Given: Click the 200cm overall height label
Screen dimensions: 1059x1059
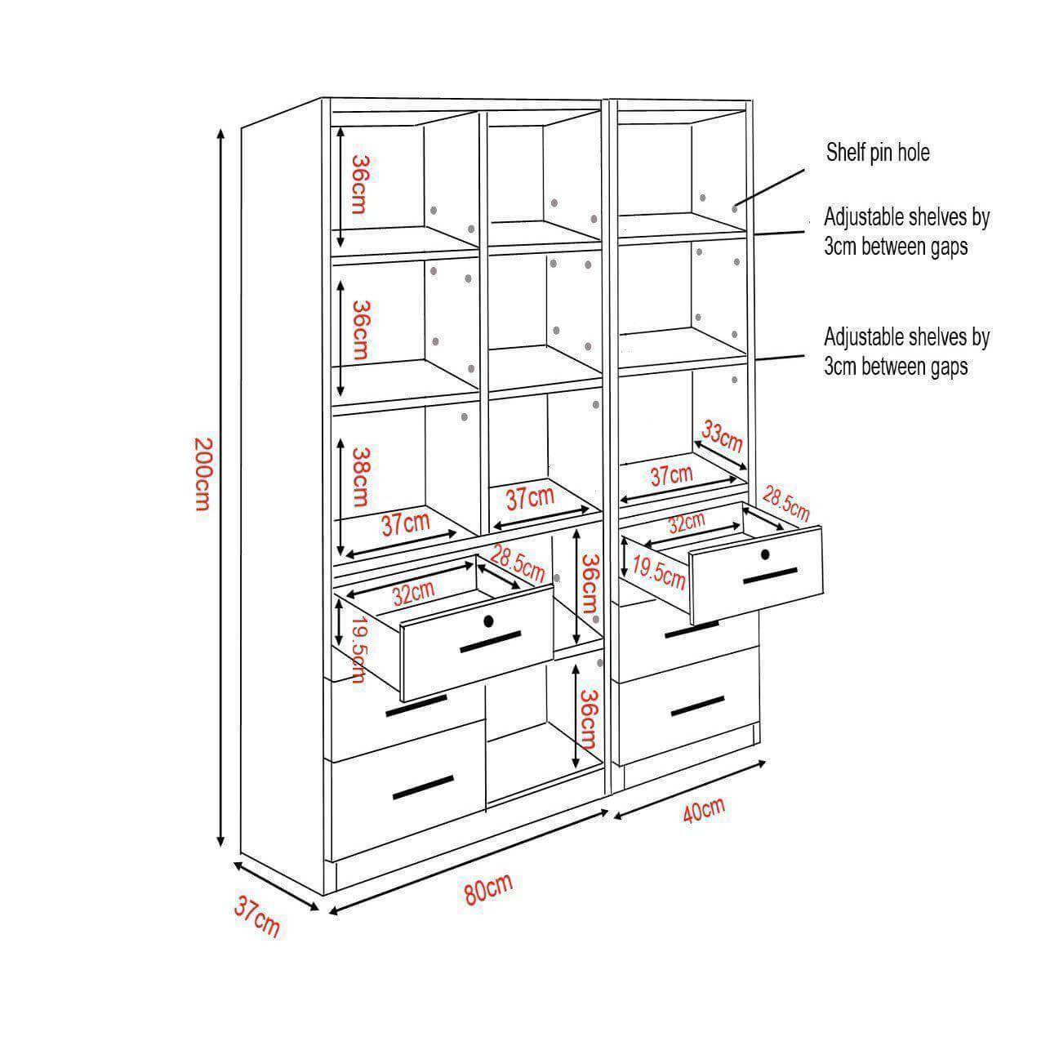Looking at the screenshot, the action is [202, 474].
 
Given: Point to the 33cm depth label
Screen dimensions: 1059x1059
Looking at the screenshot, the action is [722, 438].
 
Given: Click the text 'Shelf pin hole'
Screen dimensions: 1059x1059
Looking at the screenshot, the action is [878, 152].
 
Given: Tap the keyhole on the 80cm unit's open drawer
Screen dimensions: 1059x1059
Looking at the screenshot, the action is [488, 621].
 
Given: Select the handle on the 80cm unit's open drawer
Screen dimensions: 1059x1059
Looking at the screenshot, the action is [490, 643].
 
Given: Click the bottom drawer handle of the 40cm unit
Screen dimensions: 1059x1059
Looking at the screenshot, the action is [697, 707].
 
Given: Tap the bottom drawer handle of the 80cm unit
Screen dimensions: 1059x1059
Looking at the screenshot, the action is [423, 788].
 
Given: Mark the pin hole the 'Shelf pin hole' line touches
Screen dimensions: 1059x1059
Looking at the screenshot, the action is [734, 209].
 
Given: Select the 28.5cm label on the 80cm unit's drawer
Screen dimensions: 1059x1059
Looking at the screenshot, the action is [517, 563].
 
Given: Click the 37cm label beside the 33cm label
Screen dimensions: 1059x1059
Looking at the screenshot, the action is [671, 475].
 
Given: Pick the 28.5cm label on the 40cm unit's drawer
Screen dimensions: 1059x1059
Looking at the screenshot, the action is [785, 505].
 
